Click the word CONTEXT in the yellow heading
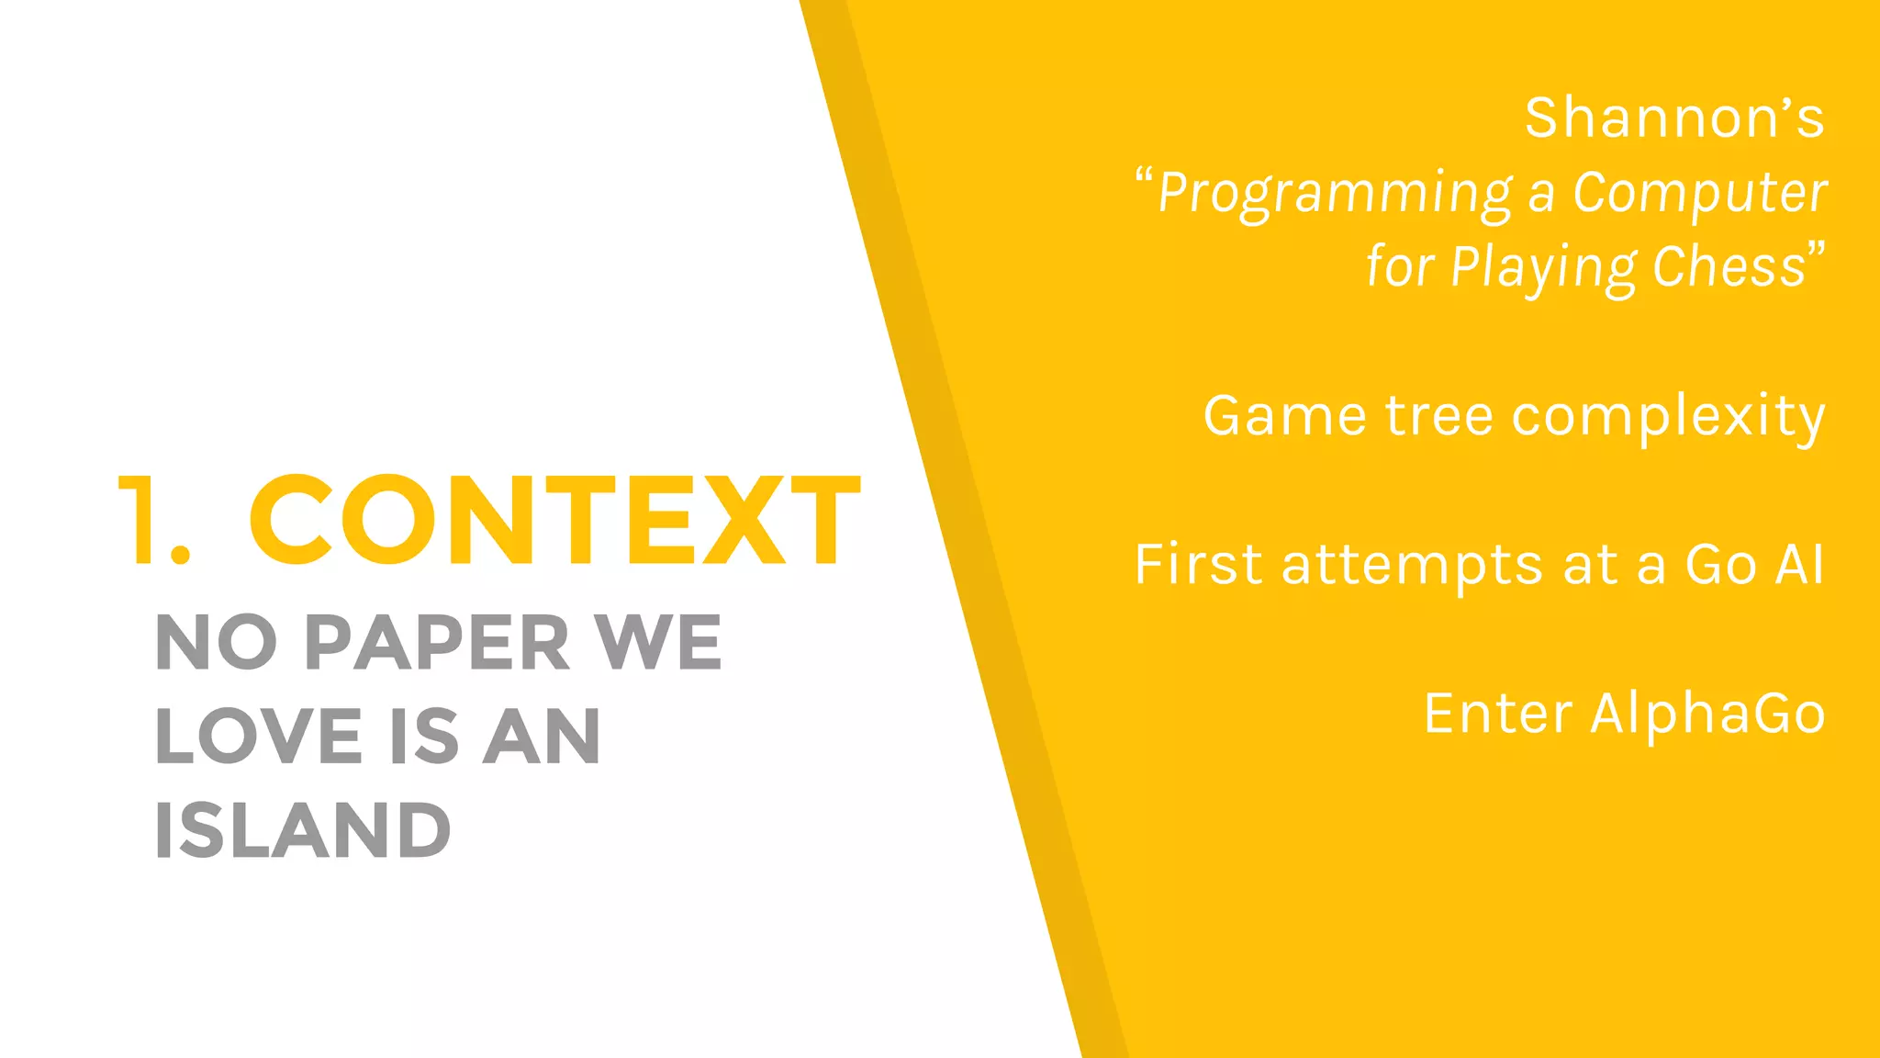coord(554,521)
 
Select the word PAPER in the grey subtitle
coord(437,643)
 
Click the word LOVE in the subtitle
coord(259,737)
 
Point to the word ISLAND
coord(303,830)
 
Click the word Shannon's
coord(1674,118)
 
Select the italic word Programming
coord(1335,195)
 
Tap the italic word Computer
coord(1699,195)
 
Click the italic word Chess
coord(1729,267)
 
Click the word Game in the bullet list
coord(1284,416)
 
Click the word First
coord(1198,564)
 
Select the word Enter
coord(1498,714)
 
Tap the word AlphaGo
coord(1707,715)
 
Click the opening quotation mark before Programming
coord(1144,176)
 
